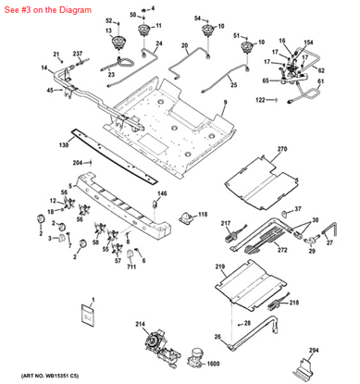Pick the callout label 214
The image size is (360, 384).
pyautogui.click(x=141, y=323)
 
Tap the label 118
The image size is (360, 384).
pyautogui.click(x=203, y=214)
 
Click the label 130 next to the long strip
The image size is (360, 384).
pyautogui.click(x=63, y=145)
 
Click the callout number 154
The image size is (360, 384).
pyautogui.click(x=308, y=43)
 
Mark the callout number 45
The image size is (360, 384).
pyautogui.click(x=49, y=89)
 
